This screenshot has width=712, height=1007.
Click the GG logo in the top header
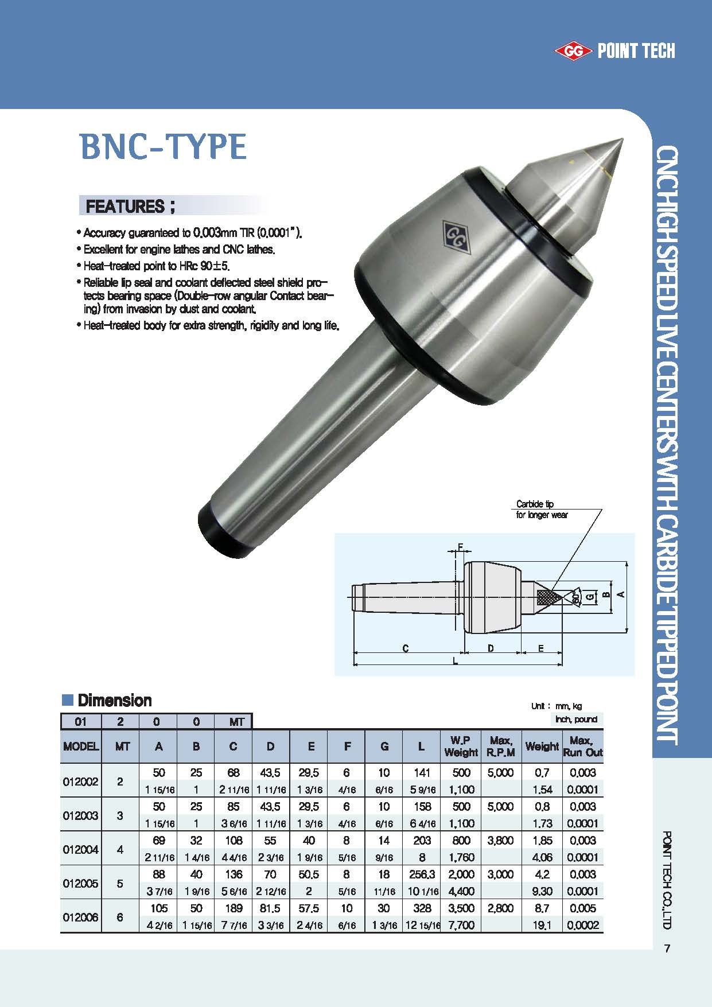[572, 52]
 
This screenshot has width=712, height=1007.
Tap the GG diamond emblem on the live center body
[457, 236]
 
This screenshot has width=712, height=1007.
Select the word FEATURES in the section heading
[124, 206]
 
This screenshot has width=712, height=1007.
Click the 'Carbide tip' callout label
[535, 504]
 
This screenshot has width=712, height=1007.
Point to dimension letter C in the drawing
[405, 648]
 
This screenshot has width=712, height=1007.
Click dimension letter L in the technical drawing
[456, 661]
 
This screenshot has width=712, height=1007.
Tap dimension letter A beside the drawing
[620, 595]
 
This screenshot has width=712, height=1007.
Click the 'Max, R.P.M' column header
[501, 746]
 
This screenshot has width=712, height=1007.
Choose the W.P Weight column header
[461, 746]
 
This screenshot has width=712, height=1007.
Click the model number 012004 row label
[80, 849]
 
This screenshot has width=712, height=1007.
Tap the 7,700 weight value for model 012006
[461, 925]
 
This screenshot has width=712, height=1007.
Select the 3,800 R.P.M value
[500, 841]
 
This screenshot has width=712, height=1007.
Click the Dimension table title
[114, 701]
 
